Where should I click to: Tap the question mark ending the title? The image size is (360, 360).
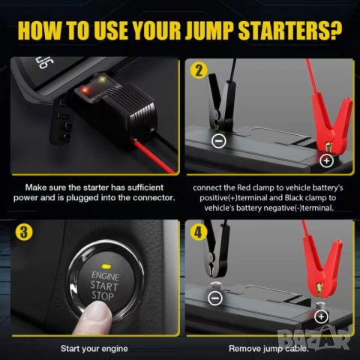(336, 30)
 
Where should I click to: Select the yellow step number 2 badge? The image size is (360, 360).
(199, 70)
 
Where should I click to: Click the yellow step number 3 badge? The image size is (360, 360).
(24, 232)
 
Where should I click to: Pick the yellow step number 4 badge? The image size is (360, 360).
(199, 232)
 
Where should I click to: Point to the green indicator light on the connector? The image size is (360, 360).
(102, 80)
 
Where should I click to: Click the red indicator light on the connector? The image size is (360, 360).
(85, 88)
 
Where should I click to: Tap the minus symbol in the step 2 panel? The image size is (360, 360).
(219, 141)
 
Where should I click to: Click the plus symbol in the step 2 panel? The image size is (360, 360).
(327, 160)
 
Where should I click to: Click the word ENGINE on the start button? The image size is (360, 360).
(106, 276)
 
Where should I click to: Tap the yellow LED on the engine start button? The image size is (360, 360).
(106, 265)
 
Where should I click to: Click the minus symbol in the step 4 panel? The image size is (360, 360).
(215, 298)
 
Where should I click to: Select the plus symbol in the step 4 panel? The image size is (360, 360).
(321, 316)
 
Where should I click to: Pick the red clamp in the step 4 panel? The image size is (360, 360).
(322, 265)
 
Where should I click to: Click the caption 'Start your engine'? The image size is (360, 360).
(94, 349)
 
